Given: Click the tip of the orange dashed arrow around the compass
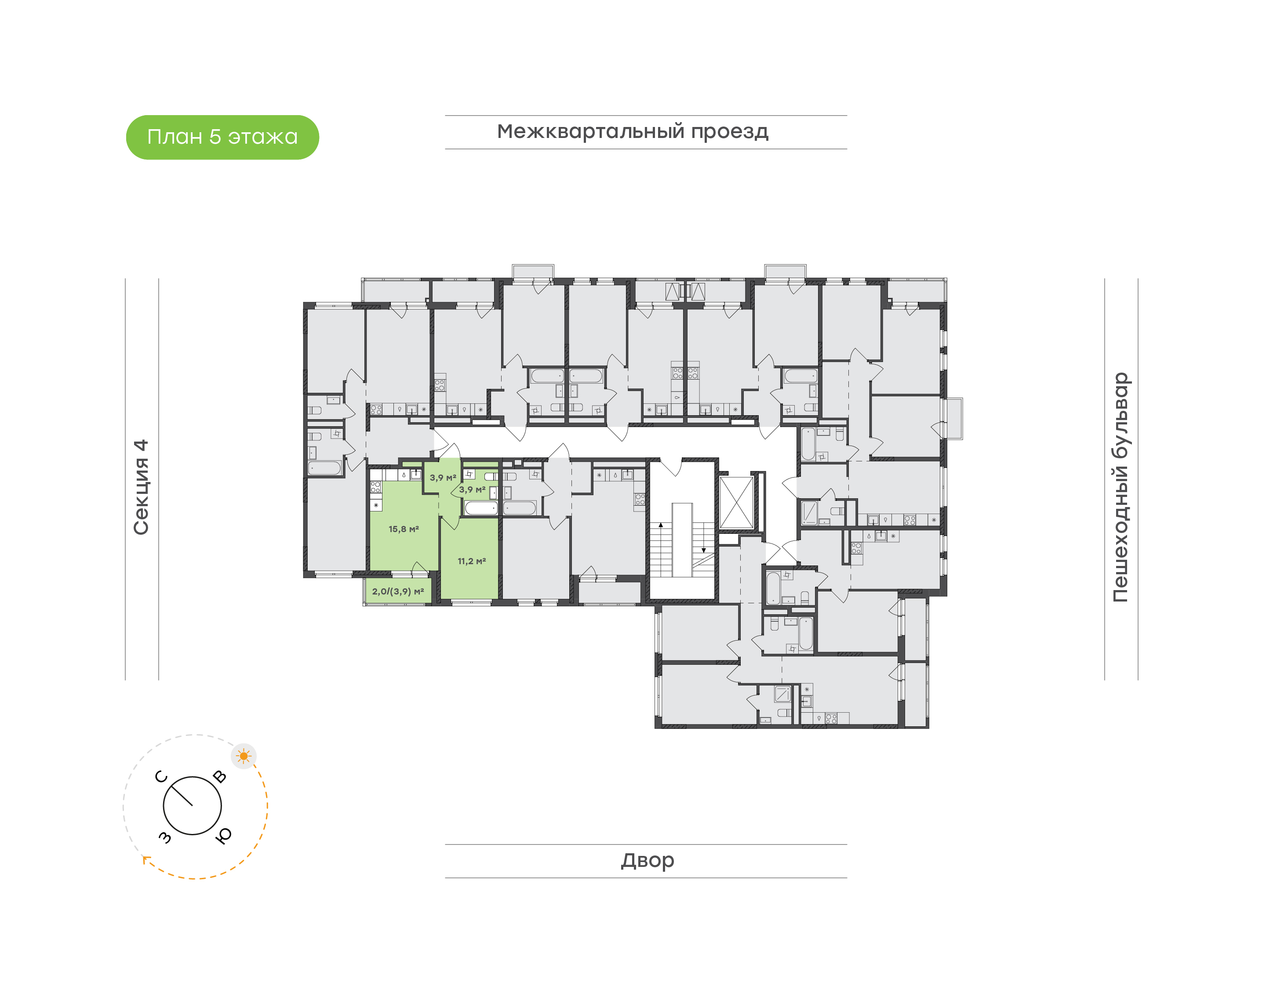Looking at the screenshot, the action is (x=144, y=857).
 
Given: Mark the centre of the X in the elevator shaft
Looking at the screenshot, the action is (x=736, y=502).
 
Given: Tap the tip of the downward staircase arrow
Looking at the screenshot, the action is (x=704, y=552).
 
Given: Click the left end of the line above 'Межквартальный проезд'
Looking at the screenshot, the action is (x=445, y=116).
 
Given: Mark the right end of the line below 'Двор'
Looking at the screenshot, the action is (x=847, y=878).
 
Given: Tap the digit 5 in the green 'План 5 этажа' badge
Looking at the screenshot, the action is (x=215, y=137).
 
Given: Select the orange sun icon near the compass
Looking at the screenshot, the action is (x=244, y=756).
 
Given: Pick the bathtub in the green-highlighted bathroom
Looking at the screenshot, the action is (x=481, y=508).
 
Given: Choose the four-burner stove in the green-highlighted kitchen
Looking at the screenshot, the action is (x=376, y=487).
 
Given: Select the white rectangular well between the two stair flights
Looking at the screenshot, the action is (x=682, y=540).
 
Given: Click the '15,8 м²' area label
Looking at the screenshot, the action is (x=404, y=529).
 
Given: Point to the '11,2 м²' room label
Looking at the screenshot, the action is (x=472, y=561).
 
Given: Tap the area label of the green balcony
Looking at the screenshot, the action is (x=398, y=591).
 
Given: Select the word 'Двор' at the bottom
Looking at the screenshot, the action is (x=647, y=860).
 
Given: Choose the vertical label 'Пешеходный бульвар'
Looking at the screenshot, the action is (x=1120, y=487).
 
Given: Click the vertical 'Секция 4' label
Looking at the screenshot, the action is (x=141, y=487).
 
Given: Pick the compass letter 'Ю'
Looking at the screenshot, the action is (x=223, y=835).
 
